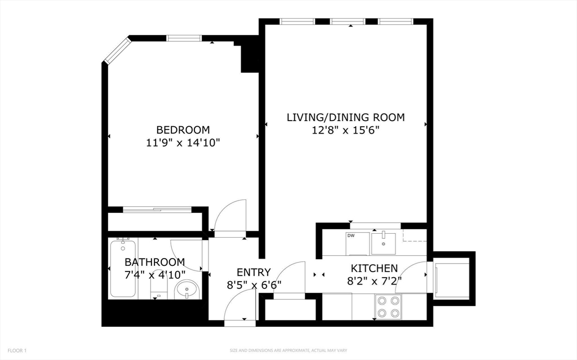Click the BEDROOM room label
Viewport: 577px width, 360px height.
pos(183,130)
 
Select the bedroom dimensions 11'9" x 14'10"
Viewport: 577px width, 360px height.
pos(183,143)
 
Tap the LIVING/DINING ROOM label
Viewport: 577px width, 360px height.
pos(345,117)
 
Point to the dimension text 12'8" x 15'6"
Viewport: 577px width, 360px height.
pos(345,131)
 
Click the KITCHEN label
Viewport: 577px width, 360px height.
pos(374,268)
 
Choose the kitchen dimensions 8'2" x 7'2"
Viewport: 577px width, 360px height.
pos(374,281)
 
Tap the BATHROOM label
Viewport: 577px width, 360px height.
pos(154,262)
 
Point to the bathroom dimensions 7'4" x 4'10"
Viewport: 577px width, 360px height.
pos(154,275)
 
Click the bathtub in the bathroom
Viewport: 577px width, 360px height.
pos(123,268)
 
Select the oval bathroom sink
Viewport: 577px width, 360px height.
pos(186,290)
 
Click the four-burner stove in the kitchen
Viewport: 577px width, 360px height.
pos(388,307)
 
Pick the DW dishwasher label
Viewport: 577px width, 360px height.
pos(350,235)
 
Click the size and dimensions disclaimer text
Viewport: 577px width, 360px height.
pos(288,350)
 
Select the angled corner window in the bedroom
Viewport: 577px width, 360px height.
pos(116,50)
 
